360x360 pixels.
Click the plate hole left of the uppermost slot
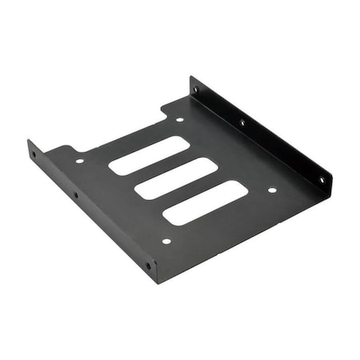[x=80, y=161]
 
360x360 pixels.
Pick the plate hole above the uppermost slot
[x=179, y=120]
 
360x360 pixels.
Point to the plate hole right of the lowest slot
[x=271, y=190]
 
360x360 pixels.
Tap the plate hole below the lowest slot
[x=166, y=241]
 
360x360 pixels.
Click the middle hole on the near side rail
[x=74, y=194]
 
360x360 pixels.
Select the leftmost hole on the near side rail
[x=34, y=155]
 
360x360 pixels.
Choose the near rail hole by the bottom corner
[x=148, y=265]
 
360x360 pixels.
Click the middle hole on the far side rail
[x=242, y=122]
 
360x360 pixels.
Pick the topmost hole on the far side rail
[x=195, y=90]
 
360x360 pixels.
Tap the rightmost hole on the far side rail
[x=322, y=180]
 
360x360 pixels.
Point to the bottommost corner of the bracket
[x=157, y=282]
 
